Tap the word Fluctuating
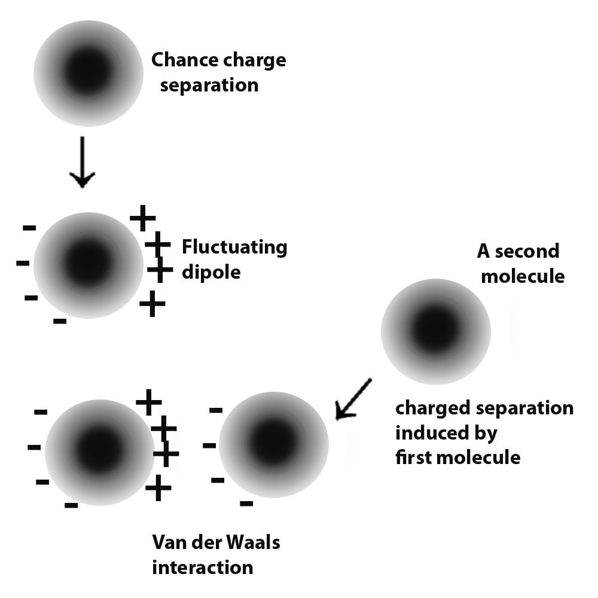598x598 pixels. pos(234,247)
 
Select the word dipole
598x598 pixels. pos(211,272)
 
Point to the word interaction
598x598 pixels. pos(203,567)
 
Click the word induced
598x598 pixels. pos(430,433)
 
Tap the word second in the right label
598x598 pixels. pos(527,251)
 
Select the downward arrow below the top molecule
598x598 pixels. pos(82,161)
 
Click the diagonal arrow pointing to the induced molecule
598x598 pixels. pos(353,399)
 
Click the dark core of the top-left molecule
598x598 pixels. pos(89,72)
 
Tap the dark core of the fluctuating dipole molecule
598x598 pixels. pos(89,264)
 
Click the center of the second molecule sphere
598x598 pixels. pos(436,331)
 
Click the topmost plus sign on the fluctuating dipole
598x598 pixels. pos(143,218)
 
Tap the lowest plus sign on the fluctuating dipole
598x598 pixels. pos(152,304)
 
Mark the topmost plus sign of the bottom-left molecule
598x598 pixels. pos(148,402)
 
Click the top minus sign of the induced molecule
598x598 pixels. pos(215,410)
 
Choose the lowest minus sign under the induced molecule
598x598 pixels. pos(246,504)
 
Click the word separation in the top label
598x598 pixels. pos(209,85)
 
